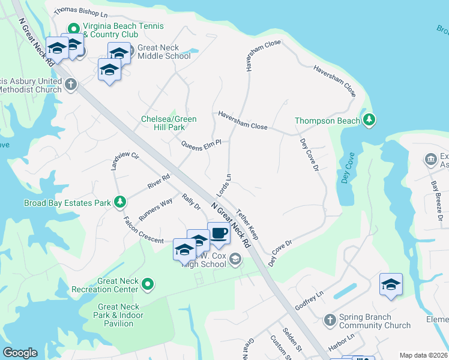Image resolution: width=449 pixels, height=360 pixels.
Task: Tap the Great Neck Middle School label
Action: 164,52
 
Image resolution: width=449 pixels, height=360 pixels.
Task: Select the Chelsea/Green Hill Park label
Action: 169,123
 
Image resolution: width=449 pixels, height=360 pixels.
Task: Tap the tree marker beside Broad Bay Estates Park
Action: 120,203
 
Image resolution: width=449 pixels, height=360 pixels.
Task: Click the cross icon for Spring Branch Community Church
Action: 330,321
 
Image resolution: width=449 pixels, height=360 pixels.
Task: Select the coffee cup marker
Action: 218,233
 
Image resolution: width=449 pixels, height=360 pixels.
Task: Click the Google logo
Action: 20,353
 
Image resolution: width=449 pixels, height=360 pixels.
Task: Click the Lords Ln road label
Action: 224,186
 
